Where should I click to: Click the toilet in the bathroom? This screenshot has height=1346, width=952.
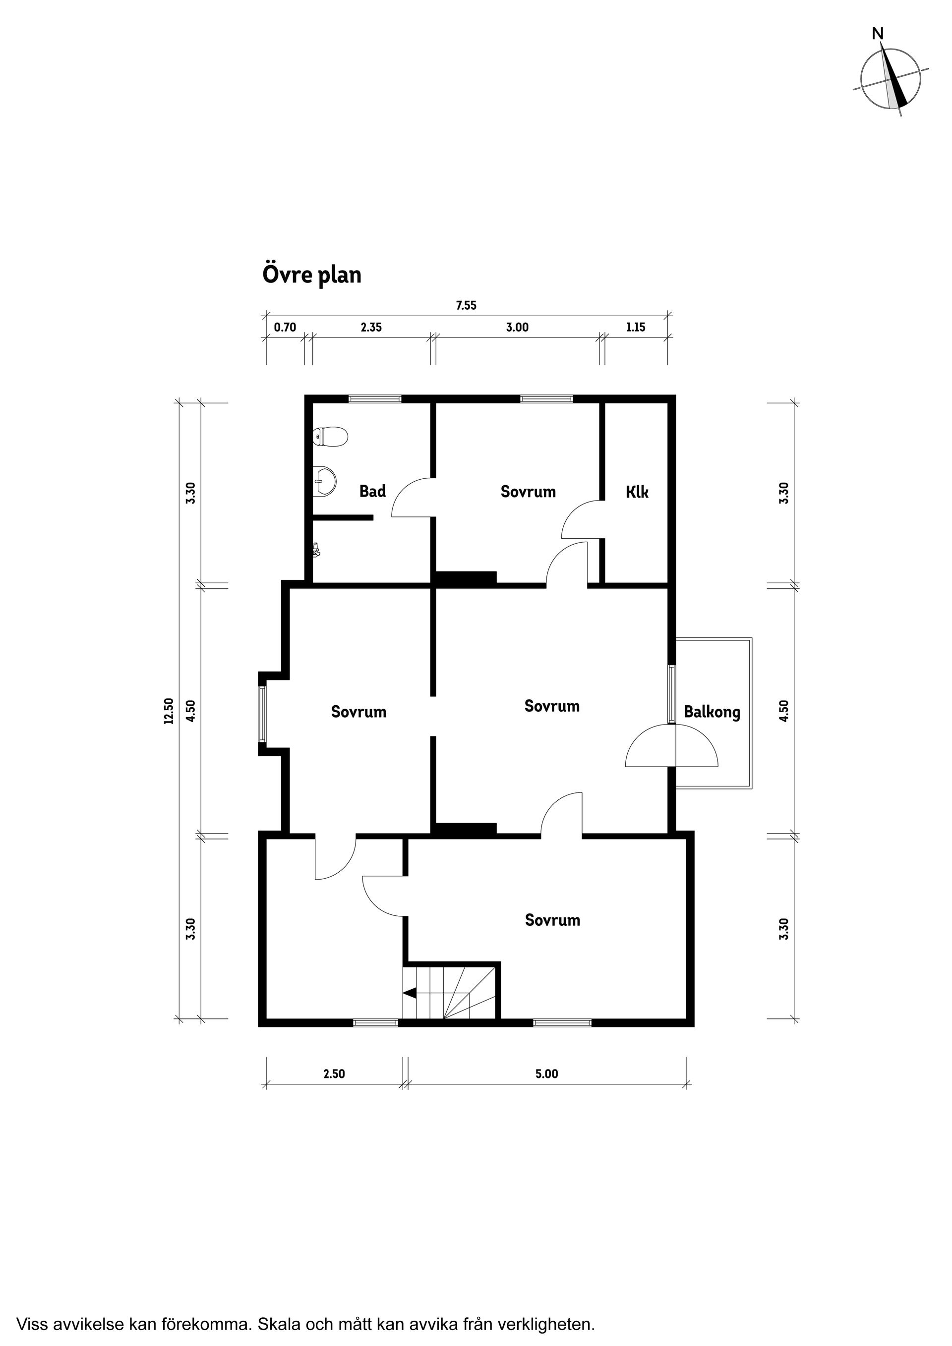tap(331, 436)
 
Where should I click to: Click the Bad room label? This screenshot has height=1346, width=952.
tap(372, 491)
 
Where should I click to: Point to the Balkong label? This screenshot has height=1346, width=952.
tap(712, 712)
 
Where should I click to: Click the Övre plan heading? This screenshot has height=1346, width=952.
tap(311, 275)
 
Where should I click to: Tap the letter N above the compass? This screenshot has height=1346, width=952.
tap(878, 34)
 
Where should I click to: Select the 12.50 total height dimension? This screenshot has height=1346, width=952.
tap(170, 711)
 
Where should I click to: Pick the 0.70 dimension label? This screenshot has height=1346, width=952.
tap(285, 327)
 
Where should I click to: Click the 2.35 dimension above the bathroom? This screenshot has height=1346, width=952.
tap(371, 327)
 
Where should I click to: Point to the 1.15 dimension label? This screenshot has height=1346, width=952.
tap(636, 327)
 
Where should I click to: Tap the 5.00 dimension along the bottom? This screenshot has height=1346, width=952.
tap(547, 1074)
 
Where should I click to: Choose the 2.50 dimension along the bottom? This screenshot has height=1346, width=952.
tap(334, 1074)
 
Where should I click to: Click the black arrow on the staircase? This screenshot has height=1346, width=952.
tap(410, 993)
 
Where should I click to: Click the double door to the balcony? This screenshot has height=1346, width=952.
tap(672, 745)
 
